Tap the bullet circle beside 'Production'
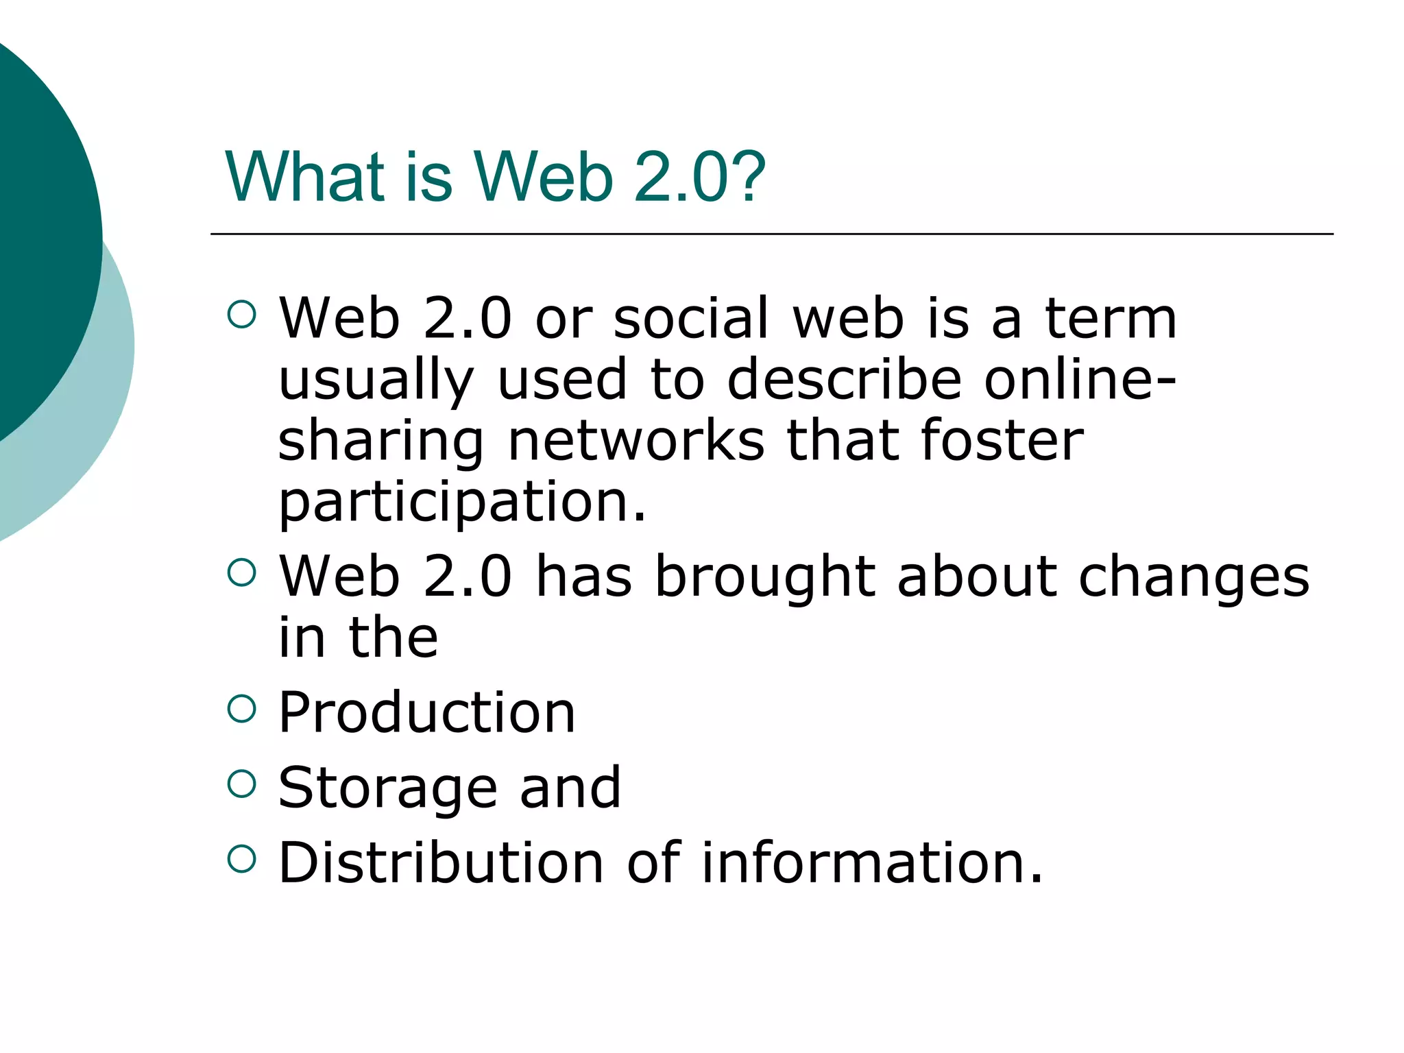point(241,709)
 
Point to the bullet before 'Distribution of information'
point(241,858)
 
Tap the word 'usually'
point(376,381)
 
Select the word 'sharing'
point(380,442)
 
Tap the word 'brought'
point(765,578)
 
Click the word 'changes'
point(1194,578)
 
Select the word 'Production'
point(426,713)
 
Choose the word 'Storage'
point(387,788)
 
